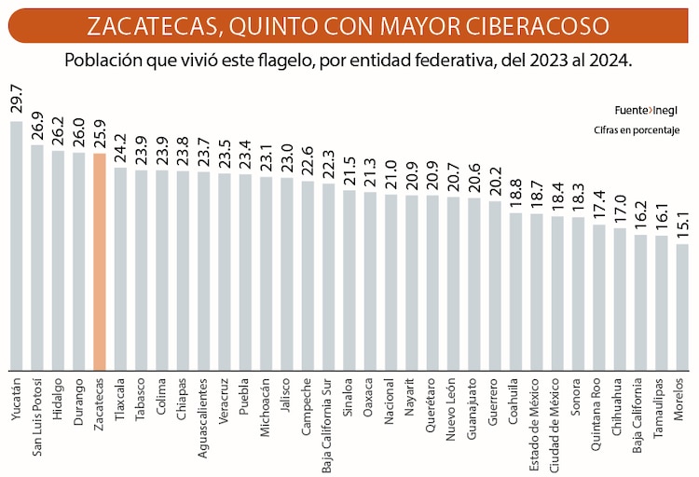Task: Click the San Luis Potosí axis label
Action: [37, 419]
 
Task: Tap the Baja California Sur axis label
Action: [328, 423]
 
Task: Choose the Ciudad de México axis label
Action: [557, 425]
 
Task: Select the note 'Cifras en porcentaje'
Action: [637, 129]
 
